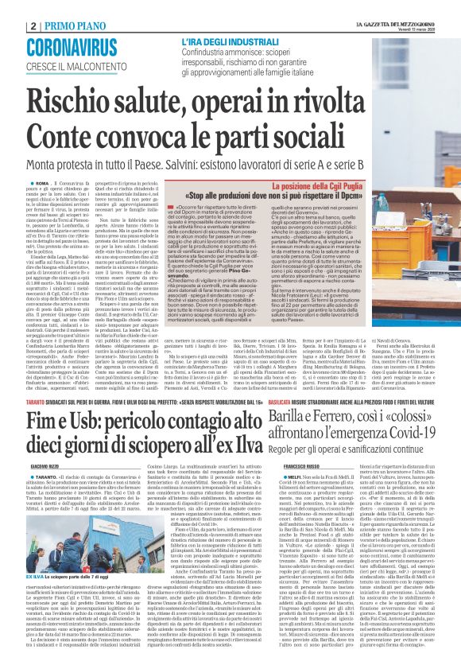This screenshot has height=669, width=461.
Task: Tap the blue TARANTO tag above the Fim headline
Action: pyautogui.click(x=17, y=403)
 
